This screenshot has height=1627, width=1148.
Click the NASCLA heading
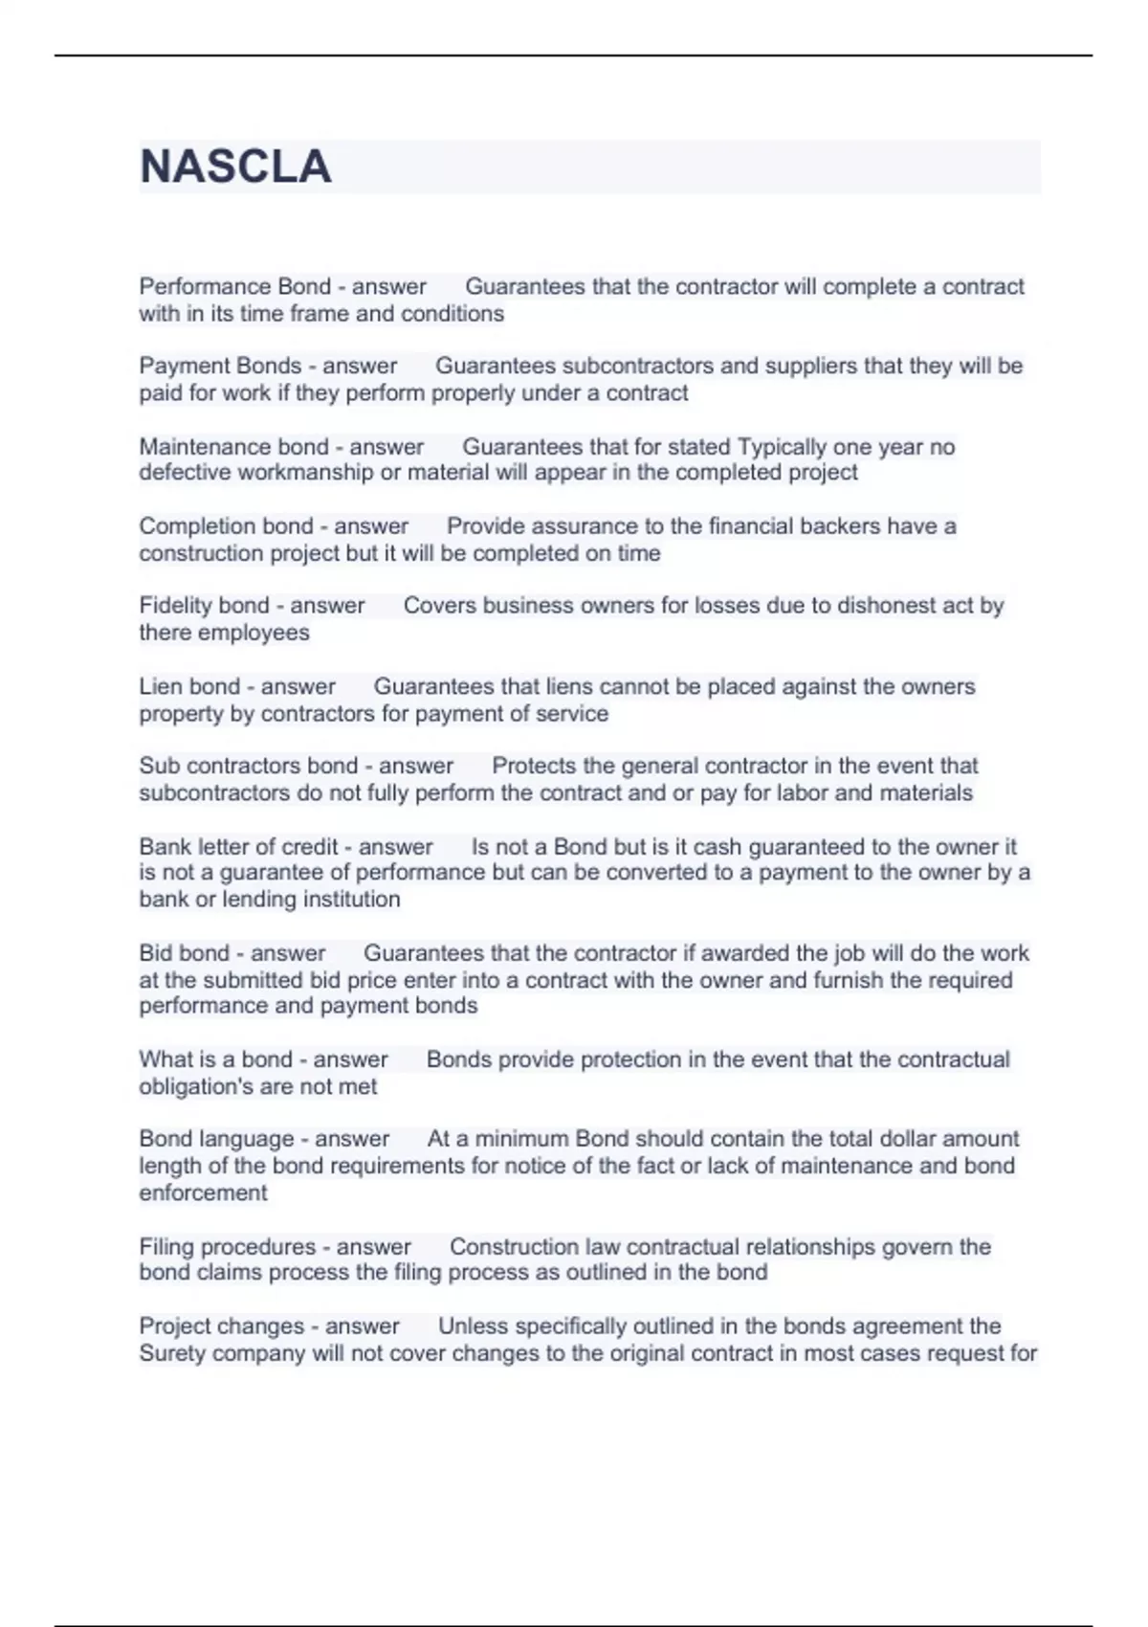[235, 167]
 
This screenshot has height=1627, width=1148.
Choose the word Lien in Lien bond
[160, 686]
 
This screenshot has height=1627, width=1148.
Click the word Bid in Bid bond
[155, 953]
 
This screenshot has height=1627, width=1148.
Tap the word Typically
[782, 447]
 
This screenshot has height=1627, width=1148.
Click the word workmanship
[310, 473]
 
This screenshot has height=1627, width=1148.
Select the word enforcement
[203, 1192]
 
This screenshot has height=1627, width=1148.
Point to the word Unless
[473, 1326]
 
